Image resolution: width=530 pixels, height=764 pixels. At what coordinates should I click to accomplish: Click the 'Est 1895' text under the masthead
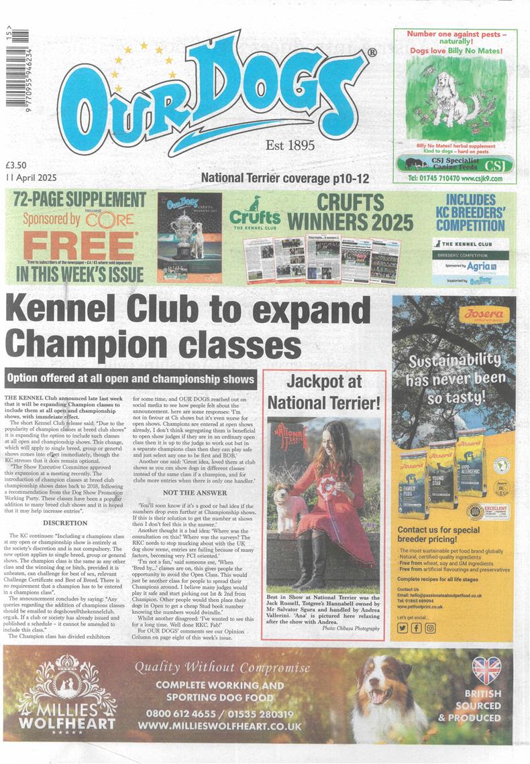290,145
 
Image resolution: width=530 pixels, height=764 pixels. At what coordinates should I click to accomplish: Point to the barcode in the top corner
9,54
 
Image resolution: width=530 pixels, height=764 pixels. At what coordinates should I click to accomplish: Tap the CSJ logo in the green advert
496,164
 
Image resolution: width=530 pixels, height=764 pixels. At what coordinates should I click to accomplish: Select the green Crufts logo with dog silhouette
255,214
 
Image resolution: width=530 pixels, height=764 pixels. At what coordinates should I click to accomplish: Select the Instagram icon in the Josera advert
429,627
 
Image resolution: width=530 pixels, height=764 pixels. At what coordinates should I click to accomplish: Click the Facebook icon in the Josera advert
416,627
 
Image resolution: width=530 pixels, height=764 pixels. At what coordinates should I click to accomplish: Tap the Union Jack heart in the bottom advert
486,670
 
